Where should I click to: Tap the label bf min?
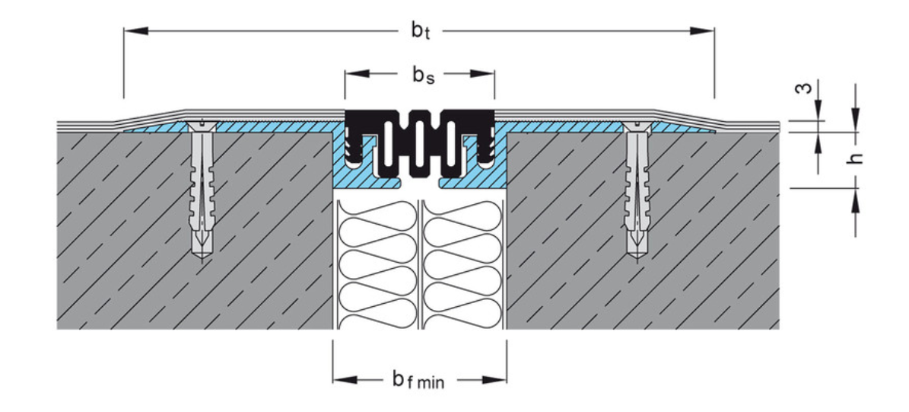[x=418, y=379]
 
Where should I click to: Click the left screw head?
[x=201, y=125]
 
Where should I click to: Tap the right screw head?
[x=637, y=125]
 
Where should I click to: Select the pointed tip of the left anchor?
[x=201, y=256]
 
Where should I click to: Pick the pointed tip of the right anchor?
[x=637, y=256]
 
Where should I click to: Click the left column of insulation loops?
[x=377, y=259]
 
